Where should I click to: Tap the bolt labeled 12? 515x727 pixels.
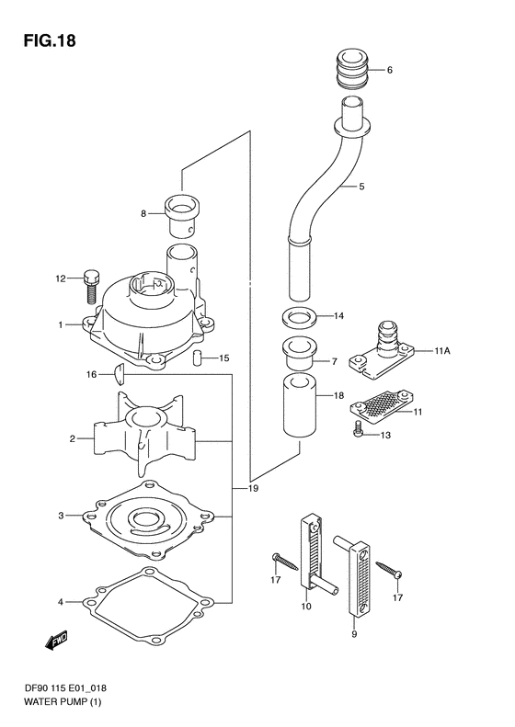pyautogui.click(x=89, y=285)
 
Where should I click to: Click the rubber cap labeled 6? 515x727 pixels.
pyautogui.click(x=351, y=71)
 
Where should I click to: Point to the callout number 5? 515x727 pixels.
pyautogui.click(x=361, y=187)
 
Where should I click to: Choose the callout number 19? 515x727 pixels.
pyautogui.click(x=253, y=488)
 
